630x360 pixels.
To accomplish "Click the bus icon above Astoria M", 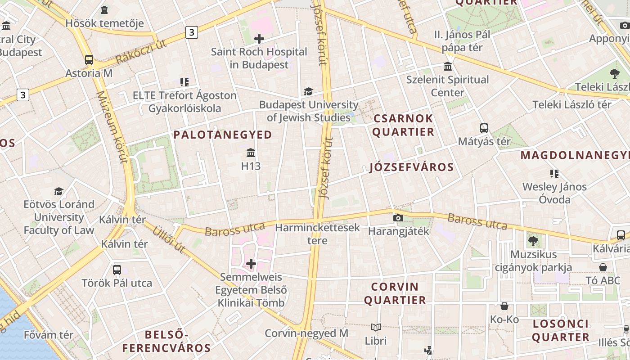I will (x=89, y=59).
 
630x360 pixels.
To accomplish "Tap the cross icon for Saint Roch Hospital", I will (x=259, y=39).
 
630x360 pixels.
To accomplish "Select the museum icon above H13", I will (x=251, y=153).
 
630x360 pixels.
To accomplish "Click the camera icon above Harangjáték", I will (x=398, y=218).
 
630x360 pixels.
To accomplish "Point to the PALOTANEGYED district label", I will (x=223, y=135).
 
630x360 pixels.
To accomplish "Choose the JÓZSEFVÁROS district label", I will (x=411, y=167).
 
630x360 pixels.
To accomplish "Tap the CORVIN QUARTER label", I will (x=395, y=293).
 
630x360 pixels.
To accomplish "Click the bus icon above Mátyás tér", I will (x=484, y=128).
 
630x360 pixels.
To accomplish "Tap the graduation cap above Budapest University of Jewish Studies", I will (x=308, y=92).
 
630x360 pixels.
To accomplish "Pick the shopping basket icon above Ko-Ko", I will (x=504, y=306).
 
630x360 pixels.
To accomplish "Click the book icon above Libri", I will (x=376, y=327).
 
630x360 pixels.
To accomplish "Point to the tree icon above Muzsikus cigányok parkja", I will (x=533, y=241).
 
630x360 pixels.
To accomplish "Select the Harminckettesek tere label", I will (x=317, y=234).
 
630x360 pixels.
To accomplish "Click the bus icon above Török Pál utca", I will (x=117, y=270).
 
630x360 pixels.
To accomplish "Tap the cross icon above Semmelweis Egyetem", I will (x=251, y=264).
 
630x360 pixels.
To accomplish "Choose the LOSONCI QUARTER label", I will (x=560, y=330).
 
